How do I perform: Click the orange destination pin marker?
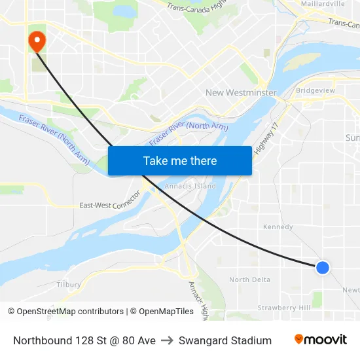click(x=37, y=42)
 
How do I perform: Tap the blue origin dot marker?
click(x=322, y=267)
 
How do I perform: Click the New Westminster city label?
click(x=241, y=93)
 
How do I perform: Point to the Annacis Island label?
click(x=190, y=187)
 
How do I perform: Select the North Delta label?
click(x=249, y=279)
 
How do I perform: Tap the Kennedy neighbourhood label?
click(x=278, y=227)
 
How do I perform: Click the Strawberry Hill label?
click(x=283, y=308)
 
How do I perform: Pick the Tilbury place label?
click(x=69, y=285)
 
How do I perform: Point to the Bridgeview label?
click(x=315, y=90)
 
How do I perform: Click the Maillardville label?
click(x=322, y=4)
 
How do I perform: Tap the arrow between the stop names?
click(x=167, y=340)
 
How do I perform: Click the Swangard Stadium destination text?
click(x=225, y=340)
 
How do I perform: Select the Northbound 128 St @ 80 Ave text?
click(x=84, y=340)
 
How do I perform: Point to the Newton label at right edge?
click(x=351, y=290)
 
